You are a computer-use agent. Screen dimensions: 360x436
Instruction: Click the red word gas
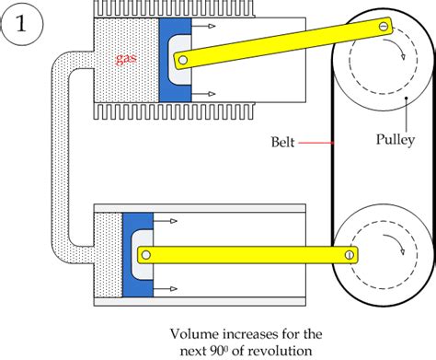tap(127, 59)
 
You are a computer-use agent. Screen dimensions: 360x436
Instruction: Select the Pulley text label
tap(393, 143)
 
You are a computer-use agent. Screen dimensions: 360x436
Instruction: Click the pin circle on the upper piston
tap(184, 62)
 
